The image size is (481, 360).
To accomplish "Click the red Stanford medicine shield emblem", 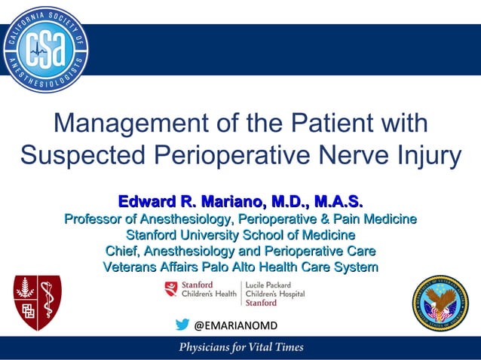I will (x=37, y=303).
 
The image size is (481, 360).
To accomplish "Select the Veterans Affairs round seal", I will (x=440, y=304).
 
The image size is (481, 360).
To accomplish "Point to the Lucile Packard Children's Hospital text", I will (x=275, y=294).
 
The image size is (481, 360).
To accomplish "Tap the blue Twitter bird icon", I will (x=182, y=325).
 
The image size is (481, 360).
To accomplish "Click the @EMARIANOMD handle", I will (x=236, y=325).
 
